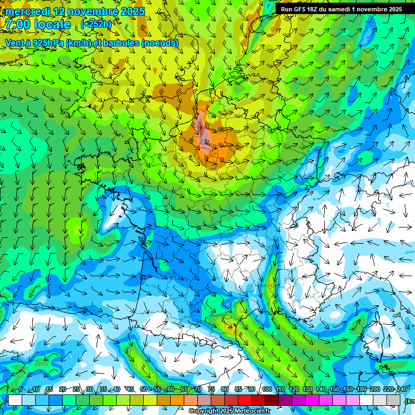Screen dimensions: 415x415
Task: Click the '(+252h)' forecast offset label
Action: (x=97, y=24)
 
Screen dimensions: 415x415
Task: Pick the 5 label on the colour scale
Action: (x=21, y=390)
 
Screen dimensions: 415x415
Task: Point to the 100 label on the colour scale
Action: (x=266, y=390)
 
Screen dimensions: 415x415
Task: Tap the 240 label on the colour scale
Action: (x=401, y=390)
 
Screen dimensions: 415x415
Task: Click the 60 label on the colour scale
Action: (x=170, y=390)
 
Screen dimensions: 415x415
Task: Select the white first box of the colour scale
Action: (x=15, y=400)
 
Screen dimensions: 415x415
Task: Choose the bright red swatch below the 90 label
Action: (x=245, y=400)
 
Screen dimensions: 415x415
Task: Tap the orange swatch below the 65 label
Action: (x=177, y=400)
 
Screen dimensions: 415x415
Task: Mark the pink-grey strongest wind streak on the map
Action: (x=204, y=130)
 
